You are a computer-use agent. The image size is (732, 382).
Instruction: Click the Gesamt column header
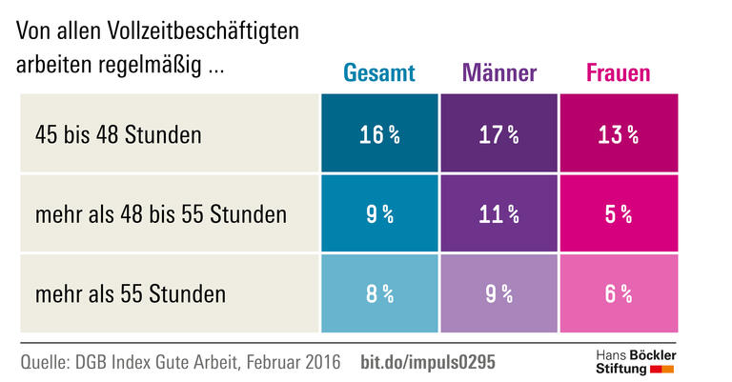(379, 73)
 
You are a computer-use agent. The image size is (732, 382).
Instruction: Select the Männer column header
(499, 73)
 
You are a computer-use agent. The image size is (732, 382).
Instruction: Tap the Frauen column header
(618, 73)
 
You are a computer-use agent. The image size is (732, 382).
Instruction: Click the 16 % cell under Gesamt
(379, 134)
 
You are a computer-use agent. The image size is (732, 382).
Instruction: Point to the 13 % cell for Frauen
(618, 134)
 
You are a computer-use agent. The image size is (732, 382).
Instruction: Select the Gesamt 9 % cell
(379, 214)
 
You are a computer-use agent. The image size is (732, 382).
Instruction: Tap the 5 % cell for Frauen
(618, 214)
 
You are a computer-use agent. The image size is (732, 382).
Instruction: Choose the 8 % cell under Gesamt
(379, 293)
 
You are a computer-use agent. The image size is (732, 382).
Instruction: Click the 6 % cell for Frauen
(618, 293)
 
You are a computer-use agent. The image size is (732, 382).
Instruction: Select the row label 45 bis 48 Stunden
(117, 134)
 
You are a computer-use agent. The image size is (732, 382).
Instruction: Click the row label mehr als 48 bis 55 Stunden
(160, 214)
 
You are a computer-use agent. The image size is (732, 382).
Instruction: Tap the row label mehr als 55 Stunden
(130, 293)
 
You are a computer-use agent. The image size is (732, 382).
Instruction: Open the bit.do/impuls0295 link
(428, 362)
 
